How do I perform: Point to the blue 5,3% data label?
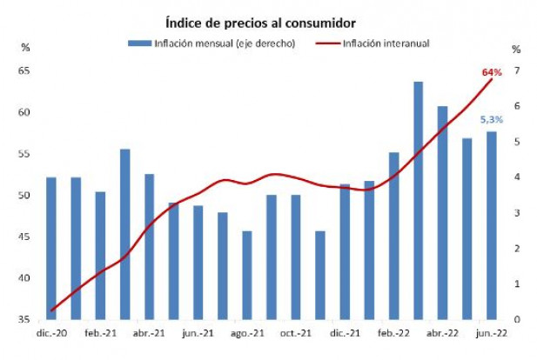(492, 118)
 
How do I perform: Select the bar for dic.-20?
(50, 248)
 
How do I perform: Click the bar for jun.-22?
(492, 225)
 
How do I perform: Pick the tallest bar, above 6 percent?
(418, 200)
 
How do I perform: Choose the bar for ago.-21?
(247, 275)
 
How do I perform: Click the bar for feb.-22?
(393, 236)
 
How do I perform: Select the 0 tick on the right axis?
(517, 319)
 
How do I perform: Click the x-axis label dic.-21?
(346, 333)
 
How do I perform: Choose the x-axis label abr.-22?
(443, 333)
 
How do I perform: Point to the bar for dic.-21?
(345, 251)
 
